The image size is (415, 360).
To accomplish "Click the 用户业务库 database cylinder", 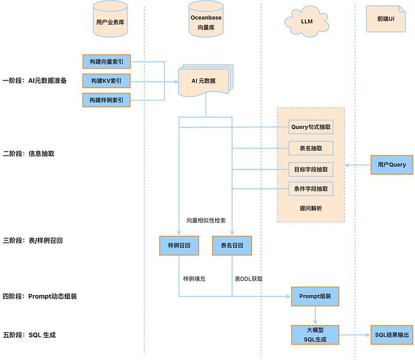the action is point(110,19).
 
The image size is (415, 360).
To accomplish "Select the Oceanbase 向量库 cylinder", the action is point(206,19).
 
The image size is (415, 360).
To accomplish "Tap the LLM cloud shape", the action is point(307,22).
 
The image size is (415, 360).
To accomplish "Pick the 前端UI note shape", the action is point(386,19).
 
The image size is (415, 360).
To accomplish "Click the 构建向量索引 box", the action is point(106,62).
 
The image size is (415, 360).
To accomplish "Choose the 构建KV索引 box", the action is point(106,81).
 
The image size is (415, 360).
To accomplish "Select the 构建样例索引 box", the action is point(106,100).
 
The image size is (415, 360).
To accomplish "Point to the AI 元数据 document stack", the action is point(206,81).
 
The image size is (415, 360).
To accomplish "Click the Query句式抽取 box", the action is point(311,127).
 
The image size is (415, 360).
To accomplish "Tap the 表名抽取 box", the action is point(311,148).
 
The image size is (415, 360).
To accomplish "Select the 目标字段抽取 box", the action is point(311,169).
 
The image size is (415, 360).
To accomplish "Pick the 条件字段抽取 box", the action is point(311,189).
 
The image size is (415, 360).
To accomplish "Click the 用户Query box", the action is point(392,165).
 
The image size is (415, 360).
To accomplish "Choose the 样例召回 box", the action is point(179,245).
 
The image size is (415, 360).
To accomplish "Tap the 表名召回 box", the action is point(232,245).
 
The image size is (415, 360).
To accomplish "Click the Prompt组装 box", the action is point(315,296).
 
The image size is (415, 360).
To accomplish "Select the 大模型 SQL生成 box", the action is point(315,335).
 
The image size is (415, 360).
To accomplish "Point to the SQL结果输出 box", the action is point(392,335).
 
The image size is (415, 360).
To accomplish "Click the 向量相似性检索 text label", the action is point(206,221).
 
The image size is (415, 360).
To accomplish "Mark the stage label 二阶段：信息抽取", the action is point(29,154).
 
